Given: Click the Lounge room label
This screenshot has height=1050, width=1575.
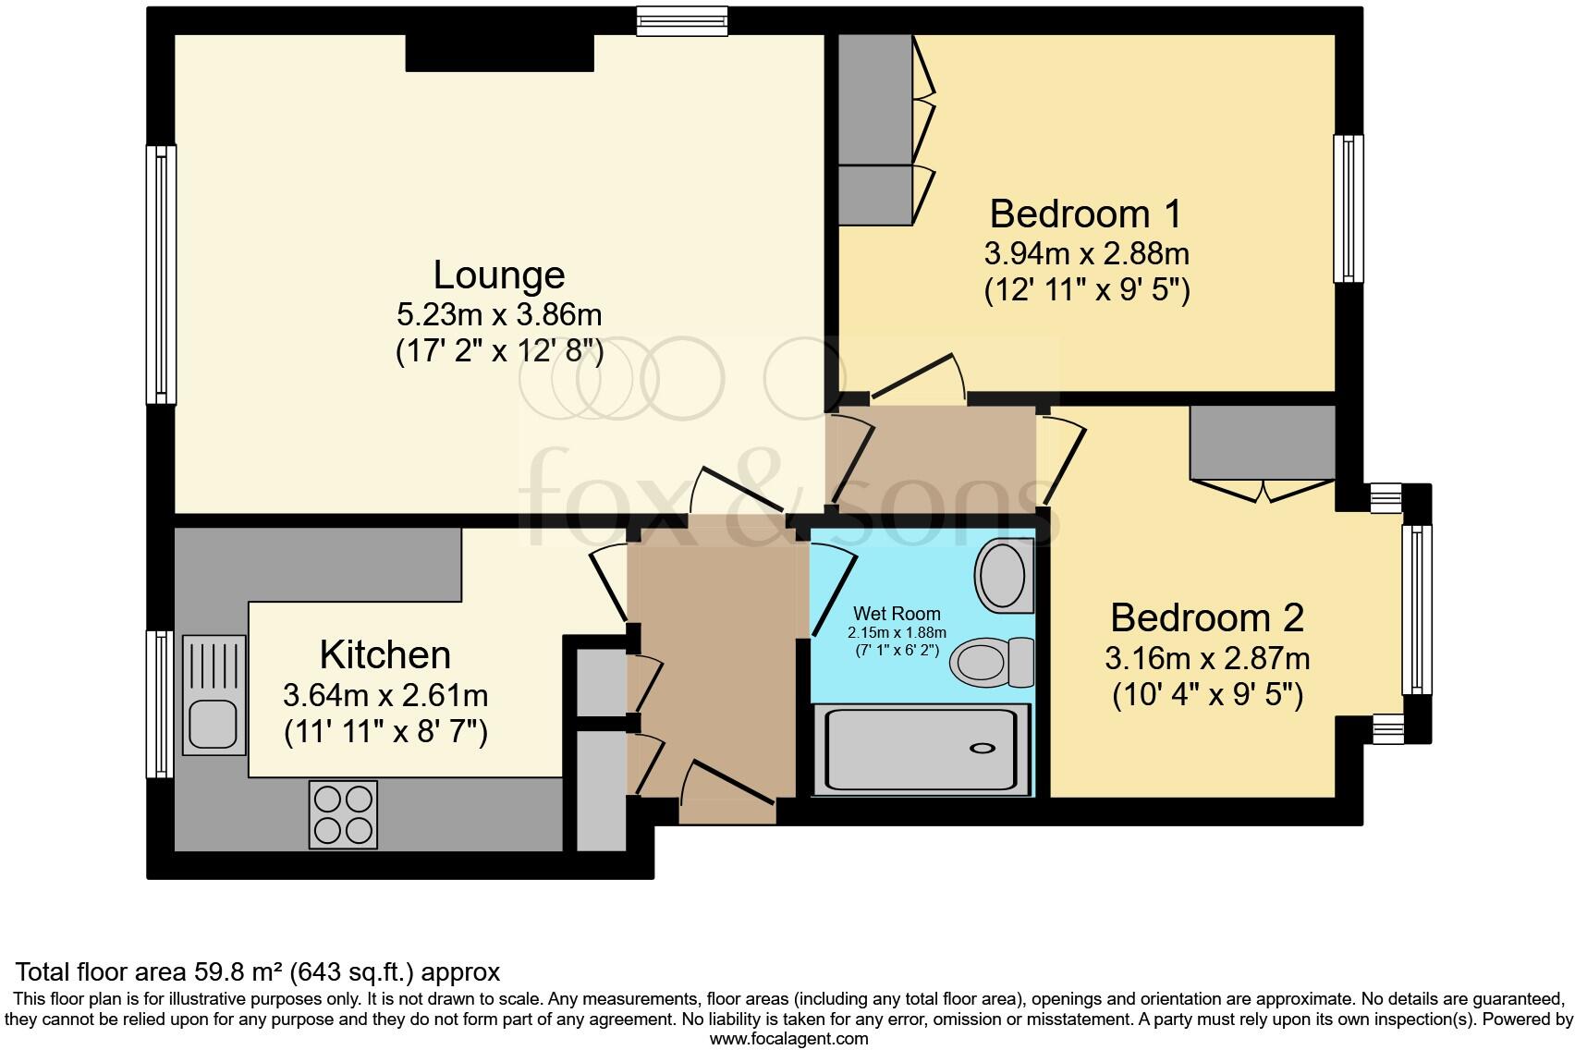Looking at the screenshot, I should coord(499,275).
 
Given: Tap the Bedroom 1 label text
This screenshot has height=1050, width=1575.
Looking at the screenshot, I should coord(1085,214).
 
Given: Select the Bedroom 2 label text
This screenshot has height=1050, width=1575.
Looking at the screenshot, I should coord(1206,617).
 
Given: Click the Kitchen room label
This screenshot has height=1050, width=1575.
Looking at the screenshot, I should coord(385,655).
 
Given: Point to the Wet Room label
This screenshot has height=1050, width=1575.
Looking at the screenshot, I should coord(897,614).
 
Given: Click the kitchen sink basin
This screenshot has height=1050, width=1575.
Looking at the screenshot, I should coord(214,724).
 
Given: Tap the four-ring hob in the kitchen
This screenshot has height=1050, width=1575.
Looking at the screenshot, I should coord(343,814).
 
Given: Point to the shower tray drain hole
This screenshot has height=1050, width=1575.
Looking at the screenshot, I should coord(983,749).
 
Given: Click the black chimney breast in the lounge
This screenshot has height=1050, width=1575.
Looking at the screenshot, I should coord(499,53).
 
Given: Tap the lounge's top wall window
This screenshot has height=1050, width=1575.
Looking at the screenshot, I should coord(682,21).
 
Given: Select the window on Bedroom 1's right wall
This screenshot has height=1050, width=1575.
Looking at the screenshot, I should coord(1349,209).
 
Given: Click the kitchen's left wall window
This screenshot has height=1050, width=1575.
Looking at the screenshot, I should coord(161,704).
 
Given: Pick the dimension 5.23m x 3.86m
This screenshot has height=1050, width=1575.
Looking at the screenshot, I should coord(499,315).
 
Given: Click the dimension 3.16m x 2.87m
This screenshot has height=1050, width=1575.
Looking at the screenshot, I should coord(1206,659).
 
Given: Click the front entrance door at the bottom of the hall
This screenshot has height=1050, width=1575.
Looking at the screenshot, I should coord(727,793).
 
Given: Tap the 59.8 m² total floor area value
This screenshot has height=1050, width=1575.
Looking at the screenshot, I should coord(238,972).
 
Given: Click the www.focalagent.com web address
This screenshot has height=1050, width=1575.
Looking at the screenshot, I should coord(788,1038).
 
